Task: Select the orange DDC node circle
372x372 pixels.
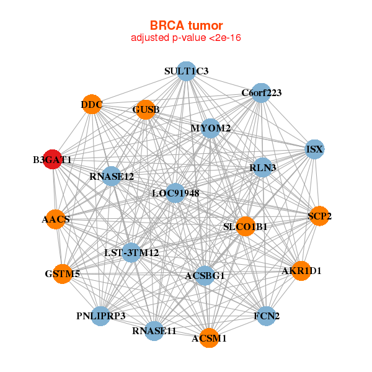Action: (92, 104)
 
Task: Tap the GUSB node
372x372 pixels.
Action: (146, 110)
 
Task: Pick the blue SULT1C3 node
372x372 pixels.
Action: (186, 71)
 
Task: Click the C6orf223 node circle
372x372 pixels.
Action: (261, 93)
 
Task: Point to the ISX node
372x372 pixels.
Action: (315, 149)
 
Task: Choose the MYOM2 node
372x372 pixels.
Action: (211, 128)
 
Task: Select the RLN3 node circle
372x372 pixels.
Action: (263, 167)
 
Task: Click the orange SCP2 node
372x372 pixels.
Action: (319, 216)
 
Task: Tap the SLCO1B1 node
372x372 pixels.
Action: (246, 227)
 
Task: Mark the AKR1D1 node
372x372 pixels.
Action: (301, 271)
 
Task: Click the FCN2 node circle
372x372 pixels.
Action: (266, 316)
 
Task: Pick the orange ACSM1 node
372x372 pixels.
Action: (209, 338)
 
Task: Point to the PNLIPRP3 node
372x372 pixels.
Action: (102, 316)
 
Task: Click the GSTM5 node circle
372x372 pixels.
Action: (63, 273)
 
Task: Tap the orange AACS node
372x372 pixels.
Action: (56, 219)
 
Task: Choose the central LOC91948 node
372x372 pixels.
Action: (175, 193)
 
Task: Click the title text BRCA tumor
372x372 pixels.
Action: (186, 25)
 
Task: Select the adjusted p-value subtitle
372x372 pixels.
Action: (186, 38)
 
